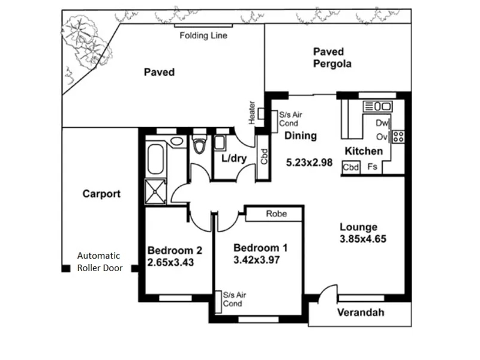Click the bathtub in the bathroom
155,159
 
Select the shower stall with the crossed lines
155,191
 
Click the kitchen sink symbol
378,107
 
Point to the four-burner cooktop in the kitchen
398,137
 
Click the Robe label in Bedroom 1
277,214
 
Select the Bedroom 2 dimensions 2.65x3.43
170,262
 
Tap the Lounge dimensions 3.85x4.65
363,239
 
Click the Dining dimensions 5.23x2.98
309,162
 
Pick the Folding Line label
203,36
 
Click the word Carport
101,194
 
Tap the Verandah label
361,312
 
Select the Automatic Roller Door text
100,262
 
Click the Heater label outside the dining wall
251,113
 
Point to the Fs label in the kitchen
372,167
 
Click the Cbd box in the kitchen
350,167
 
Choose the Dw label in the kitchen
382,123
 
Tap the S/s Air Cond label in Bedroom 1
235,299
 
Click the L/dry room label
234,158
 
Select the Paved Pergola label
332,58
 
